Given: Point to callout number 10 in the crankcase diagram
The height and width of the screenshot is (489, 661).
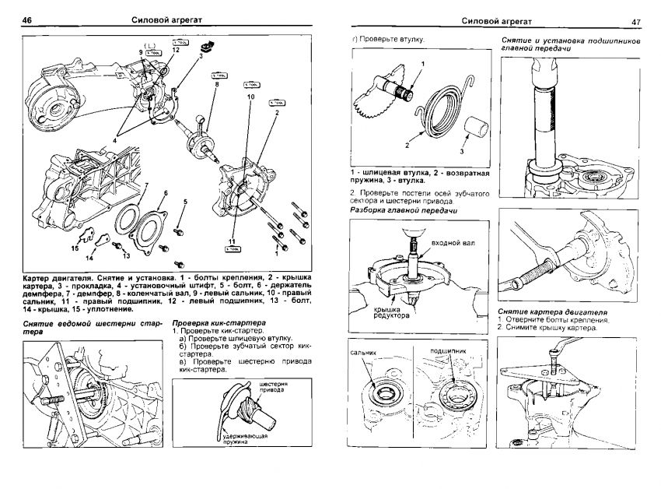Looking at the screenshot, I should pyautogui.click(x=250, y=97).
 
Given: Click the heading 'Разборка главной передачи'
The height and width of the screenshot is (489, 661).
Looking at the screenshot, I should pyautogui.click(x=403, y=211).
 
